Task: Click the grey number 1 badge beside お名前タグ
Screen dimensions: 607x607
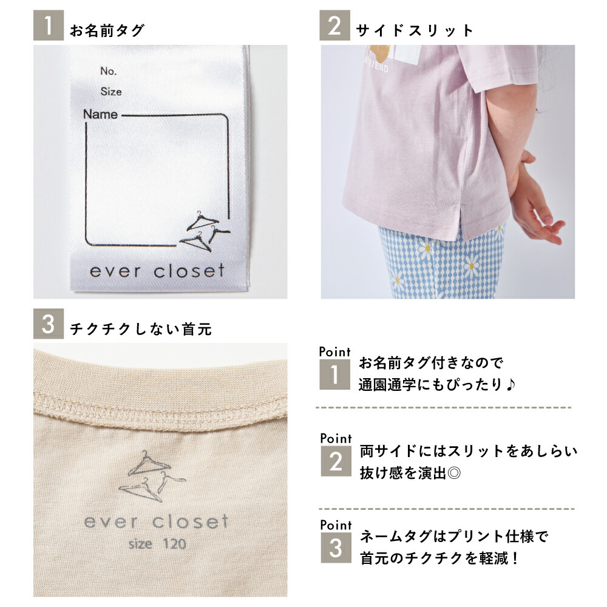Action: tap(48, 29)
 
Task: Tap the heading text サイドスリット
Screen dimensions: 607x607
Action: tap(415, 30)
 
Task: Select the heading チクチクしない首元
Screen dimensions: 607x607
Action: tap(141, 329)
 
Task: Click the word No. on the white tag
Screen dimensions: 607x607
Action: tap(109, 71)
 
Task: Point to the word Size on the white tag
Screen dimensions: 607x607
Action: tap(111, 92)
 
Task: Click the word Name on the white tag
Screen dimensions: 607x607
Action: tap(100, 114)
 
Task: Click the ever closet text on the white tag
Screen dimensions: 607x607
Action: tap(157, 271)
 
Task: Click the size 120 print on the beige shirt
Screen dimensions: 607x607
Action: tap(157, 543)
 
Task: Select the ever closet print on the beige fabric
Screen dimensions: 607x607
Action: tap(156, 521)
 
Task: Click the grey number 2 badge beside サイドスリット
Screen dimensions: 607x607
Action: tap(335, 29)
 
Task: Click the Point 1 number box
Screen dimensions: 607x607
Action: tap(334, 375)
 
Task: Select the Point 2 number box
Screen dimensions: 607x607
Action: tap(335, 462)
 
